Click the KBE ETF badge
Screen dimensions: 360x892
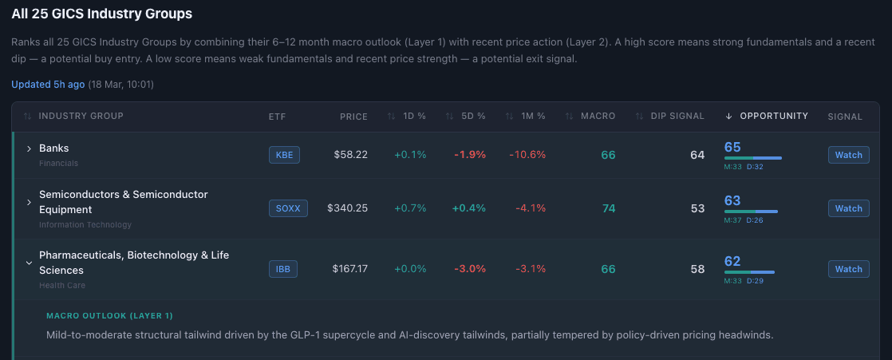tap(284, 155)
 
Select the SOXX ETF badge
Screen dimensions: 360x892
tap(288, 208)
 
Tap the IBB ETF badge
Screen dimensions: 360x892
tap(283, 269)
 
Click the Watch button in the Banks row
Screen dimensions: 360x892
tap(848, 155)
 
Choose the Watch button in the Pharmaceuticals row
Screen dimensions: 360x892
tap(848, 269)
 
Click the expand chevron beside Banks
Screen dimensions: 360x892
tap(29, 148)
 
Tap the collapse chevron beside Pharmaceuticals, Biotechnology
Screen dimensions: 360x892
tap(29, 262)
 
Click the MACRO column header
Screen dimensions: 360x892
tap(597, 117)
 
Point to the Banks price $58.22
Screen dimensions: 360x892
tap(351, 155)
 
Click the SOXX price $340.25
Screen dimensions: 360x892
tap(347, 208)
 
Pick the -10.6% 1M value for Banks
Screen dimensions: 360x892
tap(527, 155)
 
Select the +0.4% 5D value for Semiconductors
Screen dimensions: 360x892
tap(468, 208)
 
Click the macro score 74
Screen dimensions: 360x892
tap(608, 208)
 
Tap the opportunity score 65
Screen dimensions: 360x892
tap(732, 147)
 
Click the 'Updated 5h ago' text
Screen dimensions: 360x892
tap(47, 84)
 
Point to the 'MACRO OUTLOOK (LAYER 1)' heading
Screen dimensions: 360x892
tap(109, 316)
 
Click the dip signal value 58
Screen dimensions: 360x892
tap(697, 269)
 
